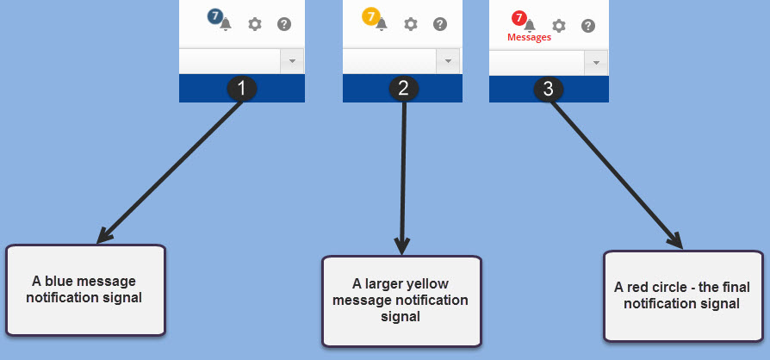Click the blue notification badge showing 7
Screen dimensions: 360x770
point(215,16)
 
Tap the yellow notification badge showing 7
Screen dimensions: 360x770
point(370,16)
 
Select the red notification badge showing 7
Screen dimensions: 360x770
point(519,17)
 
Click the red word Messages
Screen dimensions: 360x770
point(529,37)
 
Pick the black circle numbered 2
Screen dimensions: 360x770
point(403,88)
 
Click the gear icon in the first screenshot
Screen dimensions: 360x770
point(255,24)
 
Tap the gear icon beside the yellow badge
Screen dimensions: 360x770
point(411,24)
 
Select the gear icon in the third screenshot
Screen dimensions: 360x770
point(559,25)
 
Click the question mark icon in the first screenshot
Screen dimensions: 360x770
point(284,24)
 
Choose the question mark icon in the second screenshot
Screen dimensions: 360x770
point(440,24)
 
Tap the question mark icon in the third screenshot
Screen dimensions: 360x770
point(588,25)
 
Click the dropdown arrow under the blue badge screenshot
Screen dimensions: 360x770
point(293,61)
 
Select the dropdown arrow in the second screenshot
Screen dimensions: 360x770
point(448,61)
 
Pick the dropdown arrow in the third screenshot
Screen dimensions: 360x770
point(596,63)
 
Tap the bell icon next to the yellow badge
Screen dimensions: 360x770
point(382,24)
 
